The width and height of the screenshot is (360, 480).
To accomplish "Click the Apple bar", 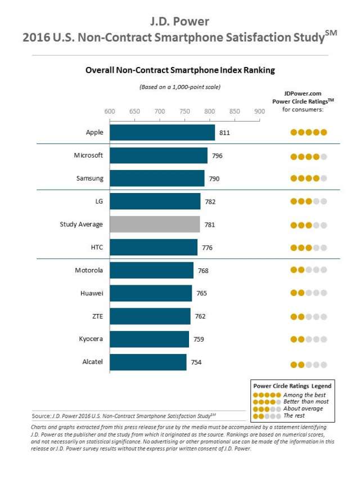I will coord(162,133).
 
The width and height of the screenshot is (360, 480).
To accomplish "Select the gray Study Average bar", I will coord(155,225).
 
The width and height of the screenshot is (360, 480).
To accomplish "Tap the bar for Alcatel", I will coord(148,362).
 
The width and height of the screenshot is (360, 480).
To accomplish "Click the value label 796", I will coord(217,155).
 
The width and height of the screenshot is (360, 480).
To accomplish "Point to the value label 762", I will coord(200,316).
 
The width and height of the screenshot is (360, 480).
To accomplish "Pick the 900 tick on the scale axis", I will coord(259,111).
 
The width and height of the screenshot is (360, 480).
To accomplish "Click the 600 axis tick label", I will coord(110,111).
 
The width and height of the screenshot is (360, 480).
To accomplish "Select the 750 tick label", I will coord(184,111).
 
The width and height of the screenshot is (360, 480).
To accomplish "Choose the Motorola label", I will coord(89,270).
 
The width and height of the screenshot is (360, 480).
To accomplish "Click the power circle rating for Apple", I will coord(308,133).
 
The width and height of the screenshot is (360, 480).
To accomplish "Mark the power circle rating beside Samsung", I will coord(308,178).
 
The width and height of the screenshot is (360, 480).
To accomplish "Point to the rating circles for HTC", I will coord(308,248).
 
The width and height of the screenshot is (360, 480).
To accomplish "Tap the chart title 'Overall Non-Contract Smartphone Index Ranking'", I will coord(180,71).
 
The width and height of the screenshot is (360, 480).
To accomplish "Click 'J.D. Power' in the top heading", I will coord(180,22).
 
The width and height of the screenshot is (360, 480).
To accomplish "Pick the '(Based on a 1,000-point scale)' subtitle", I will coord(180,87).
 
